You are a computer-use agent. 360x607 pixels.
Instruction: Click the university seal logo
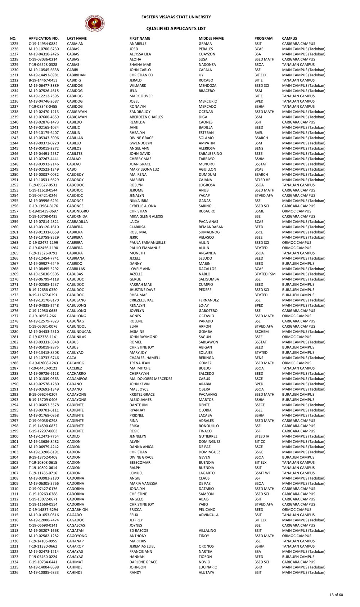point(95,24)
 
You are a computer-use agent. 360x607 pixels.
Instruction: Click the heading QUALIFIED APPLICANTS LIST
point(176,28)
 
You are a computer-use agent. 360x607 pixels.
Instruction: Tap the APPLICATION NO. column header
point(44,39)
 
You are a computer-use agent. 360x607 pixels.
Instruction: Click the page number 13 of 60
point(336,595)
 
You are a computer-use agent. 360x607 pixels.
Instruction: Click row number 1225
point(14,44)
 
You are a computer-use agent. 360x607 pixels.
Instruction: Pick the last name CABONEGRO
point(78,211)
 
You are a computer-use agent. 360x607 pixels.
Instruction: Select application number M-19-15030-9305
point(44,274)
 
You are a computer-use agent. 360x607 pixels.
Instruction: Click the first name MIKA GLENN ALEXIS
point(146,216)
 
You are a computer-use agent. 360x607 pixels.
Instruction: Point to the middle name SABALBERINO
point(210,154)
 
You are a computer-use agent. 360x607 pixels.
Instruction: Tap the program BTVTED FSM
point(265,274)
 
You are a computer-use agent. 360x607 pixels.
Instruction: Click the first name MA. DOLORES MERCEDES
point(151,379)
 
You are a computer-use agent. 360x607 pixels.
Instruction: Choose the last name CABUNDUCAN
point(79,332)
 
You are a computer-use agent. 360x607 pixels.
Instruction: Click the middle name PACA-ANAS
point(208,222)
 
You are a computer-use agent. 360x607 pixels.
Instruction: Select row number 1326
point(14,572)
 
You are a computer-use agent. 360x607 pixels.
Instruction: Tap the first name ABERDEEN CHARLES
point(146,117)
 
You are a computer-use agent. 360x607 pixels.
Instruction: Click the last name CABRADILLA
point(77,222)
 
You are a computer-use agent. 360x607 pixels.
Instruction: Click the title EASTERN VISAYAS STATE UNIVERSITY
point(176,17)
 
